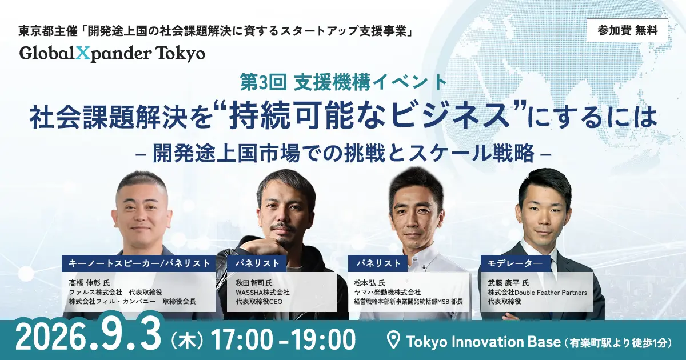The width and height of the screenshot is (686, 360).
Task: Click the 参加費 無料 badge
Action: pos(627,30)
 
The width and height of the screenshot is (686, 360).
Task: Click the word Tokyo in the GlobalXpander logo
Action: pos(181,54)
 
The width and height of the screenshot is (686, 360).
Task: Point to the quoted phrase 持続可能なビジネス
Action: pos(366,117)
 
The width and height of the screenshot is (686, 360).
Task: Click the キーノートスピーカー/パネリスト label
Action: pos(139,263)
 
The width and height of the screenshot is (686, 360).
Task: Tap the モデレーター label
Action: pos(515,263)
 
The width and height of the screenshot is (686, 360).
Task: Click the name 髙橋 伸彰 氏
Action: pos(89,282)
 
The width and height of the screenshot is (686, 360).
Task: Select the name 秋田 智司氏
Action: pos(254,282)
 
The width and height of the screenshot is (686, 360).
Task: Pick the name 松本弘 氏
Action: pos(370,282)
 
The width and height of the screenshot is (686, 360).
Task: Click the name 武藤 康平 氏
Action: pos(508,282)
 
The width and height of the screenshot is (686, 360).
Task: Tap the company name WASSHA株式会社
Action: pos(262,293)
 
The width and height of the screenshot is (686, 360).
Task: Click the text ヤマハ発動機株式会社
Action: pos(388,293)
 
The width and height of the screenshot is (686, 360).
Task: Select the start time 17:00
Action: pos(242,339)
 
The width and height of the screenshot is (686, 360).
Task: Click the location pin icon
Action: pos(393,341)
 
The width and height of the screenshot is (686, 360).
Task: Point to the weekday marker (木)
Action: pos(187,341)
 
